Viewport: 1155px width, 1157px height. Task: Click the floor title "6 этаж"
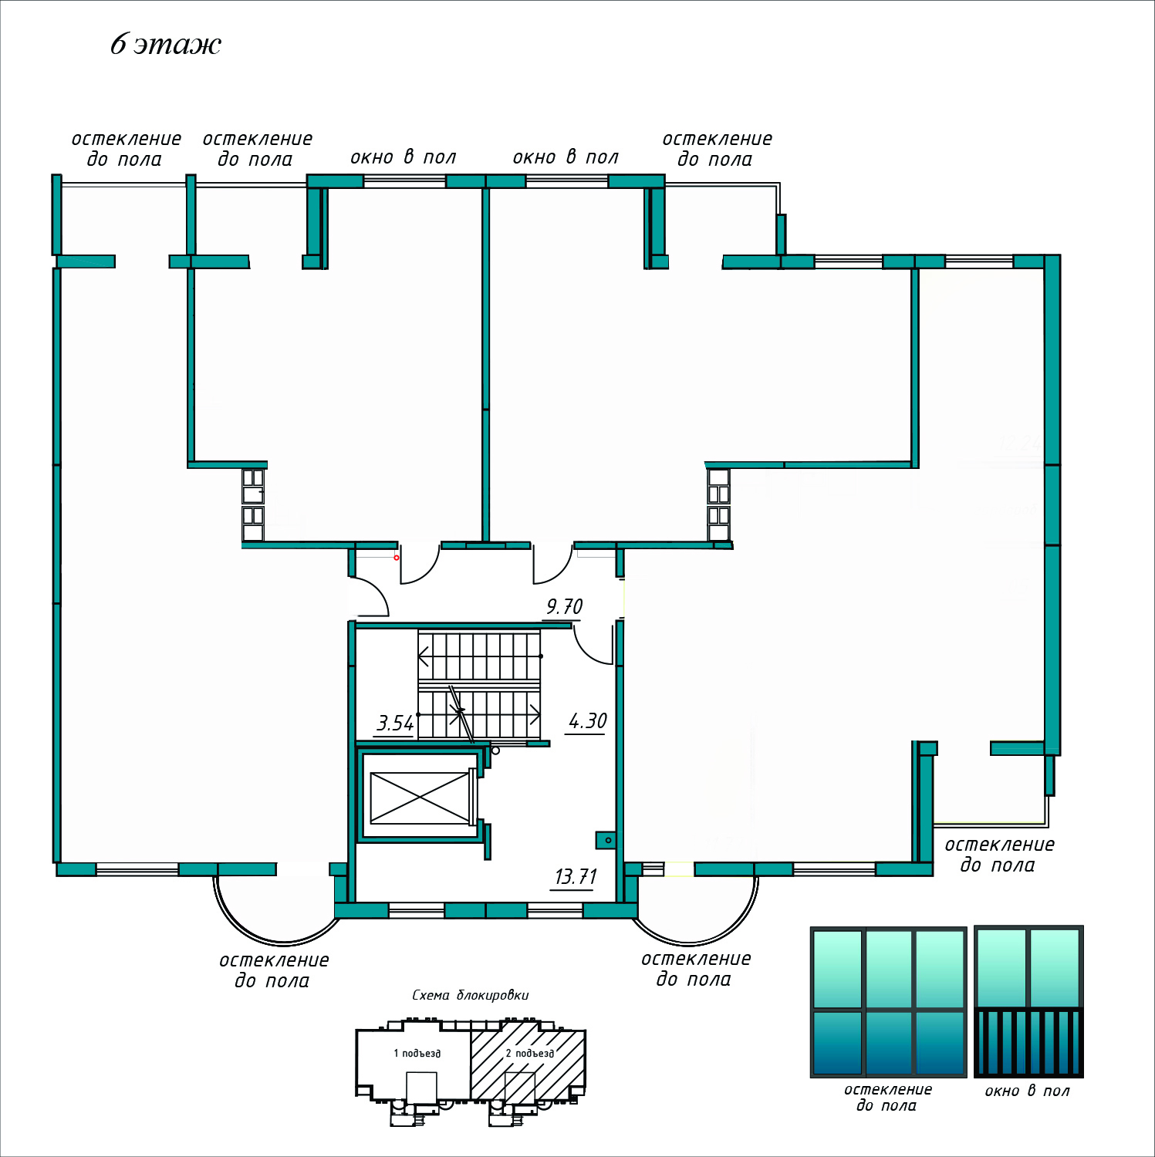[165, 44]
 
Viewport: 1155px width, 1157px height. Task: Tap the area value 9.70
[564, 607]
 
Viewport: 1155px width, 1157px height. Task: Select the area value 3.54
[395, 724]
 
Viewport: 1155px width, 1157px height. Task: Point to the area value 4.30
[587, 721]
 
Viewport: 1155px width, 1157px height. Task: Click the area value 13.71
[576, 877]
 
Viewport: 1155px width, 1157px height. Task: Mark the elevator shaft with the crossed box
[420, 798]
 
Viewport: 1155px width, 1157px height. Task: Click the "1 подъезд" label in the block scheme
[417, 1053]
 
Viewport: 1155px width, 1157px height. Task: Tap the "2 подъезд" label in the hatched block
[529, 1053]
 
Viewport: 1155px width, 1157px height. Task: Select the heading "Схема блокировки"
[470, 995]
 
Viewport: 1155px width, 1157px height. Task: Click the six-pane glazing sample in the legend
[888, 1002]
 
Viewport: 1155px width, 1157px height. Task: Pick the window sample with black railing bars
[1028, 1002]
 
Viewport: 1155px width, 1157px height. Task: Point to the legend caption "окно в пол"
[1027, 1091]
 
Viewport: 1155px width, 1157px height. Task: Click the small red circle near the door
[397, 557]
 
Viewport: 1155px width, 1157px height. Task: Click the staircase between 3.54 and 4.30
[478, 685]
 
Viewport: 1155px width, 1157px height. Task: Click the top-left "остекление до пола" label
[126, 149]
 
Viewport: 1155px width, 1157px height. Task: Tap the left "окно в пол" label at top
[403, 157]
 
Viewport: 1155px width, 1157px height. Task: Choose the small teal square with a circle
[606, 839]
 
